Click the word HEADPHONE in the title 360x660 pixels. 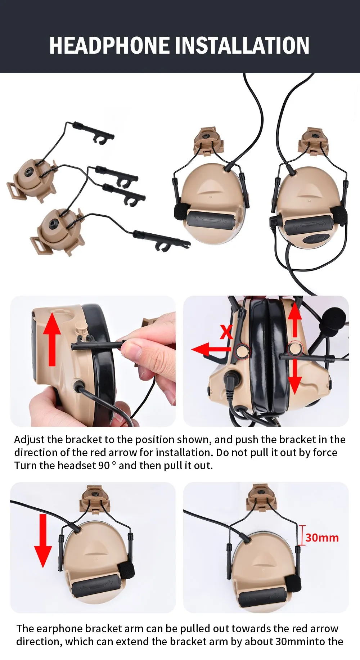(109, 45)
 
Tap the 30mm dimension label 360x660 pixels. (322, 538)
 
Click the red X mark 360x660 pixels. (226, 332)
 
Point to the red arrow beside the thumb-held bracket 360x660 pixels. (52, 339)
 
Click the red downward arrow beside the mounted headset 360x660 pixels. (43, 541)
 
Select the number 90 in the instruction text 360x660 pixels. (104, 466)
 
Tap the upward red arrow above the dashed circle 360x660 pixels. (295, 320)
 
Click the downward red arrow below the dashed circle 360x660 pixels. (295, 377)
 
